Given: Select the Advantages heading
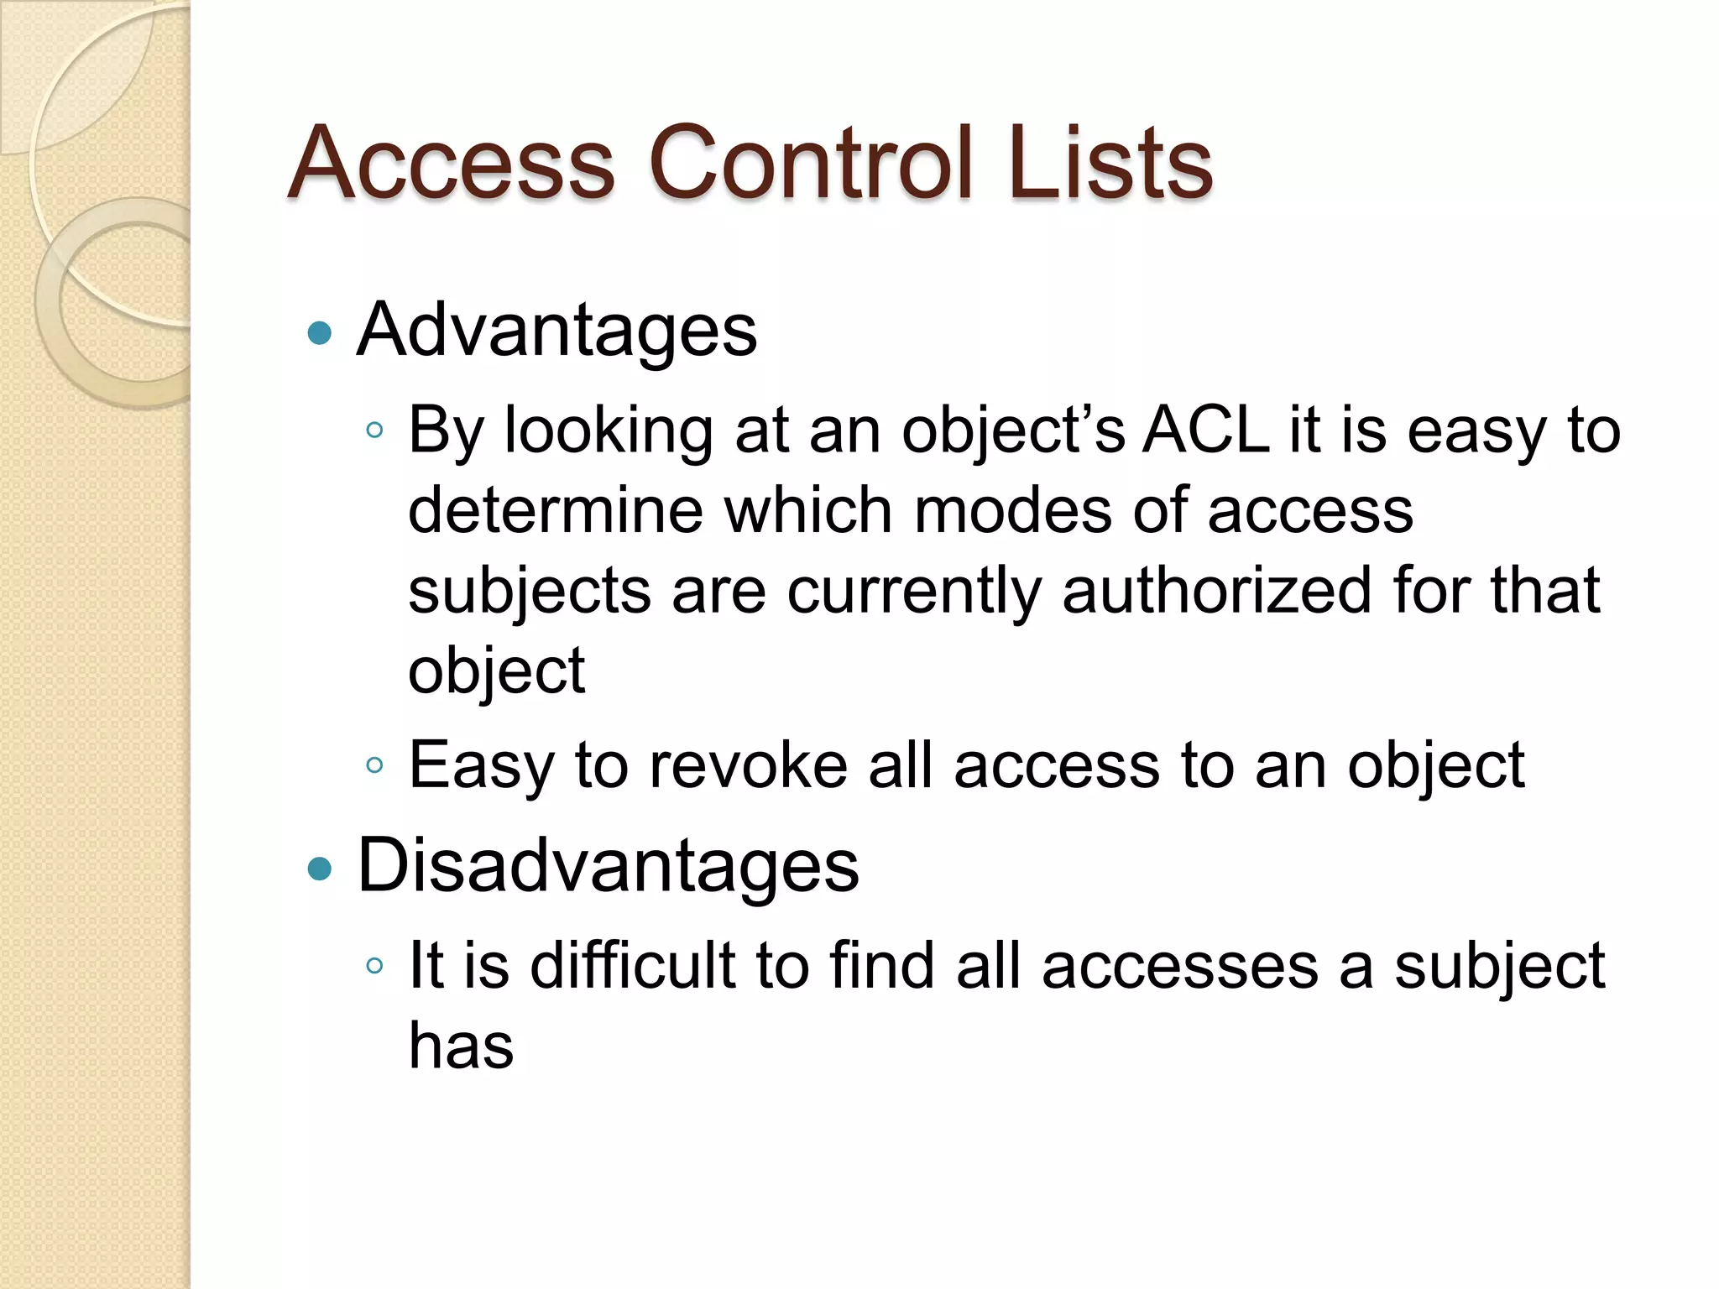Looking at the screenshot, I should pyautogui.click(x=556, y=330).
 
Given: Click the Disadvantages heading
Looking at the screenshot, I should pyautogui.click(x=608, y=865).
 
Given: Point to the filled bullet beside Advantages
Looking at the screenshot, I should pyautogui.click(x=320, y=333).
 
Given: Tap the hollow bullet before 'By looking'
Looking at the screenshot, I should pyautogui.click(x=374, y=431).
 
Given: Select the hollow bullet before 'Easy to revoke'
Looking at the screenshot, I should pyautogui.click(x=374, y=765).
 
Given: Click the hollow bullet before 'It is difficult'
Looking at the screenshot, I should pyautogui.click(x=374, y=965).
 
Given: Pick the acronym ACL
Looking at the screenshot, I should pyautogui.click(x=1206, y=431).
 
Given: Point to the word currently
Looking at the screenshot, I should pyautogui.click(x=913, y=592).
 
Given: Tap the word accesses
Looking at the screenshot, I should pyautogui.click(x=1180, y=967).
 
